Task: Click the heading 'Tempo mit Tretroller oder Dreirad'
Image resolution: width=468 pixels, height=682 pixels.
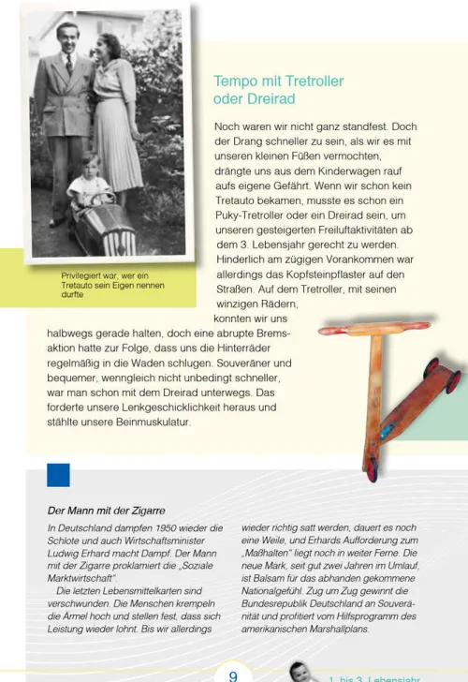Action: (x=278, y=90)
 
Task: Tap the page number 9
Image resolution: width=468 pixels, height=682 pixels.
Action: (x=233, y=673)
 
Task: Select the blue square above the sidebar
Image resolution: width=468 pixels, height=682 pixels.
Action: (x=58, y=475)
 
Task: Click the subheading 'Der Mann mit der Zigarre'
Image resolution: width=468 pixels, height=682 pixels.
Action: (x=106, y=511)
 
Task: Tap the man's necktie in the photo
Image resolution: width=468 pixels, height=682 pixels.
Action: (x=69, y=66)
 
